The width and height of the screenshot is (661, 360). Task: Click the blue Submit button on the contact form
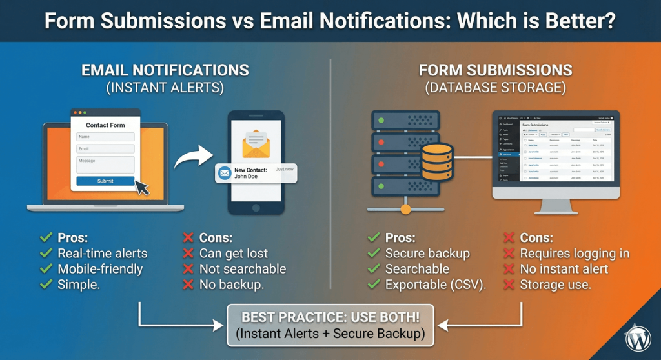[x=105, y=181]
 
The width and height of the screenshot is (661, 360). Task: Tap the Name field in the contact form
[x=105, y=137]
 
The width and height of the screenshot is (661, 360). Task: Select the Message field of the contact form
[x=105, y=164]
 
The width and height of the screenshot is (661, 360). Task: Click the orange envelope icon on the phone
[x=256, y=143]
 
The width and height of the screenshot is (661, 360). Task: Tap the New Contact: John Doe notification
[x=256, y=172]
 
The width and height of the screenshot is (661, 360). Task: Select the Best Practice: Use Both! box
[x=330, y=326]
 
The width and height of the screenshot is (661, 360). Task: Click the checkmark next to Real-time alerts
[x=45, y=253]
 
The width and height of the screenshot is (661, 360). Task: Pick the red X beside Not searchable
[x=188, y=268]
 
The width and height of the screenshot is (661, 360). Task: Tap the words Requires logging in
[x=574, y=253]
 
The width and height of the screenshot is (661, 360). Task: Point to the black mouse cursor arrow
[x=141, y=188]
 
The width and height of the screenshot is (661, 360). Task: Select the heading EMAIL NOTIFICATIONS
[x=165, y=70]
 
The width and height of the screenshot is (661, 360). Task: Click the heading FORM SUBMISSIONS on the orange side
[x=495, y=70]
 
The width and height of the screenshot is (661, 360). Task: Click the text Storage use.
[x=555, y=285]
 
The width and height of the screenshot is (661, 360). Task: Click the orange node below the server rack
[x=405, y=208]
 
